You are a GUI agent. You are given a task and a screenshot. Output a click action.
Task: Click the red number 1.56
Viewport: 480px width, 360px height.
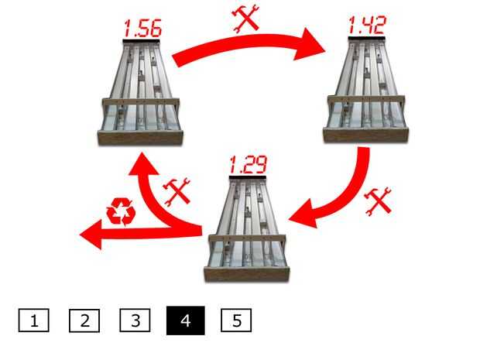142,29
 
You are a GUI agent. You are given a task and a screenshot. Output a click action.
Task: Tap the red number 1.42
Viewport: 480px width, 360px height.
367,25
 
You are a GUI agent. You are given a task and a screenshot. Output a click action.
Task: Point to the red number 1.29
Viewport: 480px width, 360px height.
248,164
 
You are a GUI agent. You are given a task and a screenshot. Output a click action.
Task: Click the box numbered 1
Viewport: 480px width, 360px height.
33,321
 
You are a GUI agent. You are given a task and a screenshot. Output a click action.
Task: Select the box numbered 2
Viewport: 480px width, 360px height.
84,321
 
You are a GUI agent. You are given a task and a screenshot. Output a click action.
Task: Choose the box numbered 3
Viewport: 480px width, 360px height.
135,321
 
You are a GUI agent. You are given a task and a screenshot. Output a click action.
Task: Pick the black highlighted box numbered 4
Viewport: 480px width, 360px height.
186,321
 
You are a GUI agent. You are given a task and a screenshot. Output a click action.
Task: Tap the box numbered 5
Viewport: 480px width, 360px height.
236,321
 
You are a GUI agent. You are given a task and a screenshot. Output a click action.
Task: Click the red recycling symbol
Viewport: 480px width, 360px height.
121,212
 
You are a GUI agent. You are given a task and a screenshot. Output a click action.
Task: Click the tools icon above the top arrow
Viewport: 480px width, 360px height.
246,18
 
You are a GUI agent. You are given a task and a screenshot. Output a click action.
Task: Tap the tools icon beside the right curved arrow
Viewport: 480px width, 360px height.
378,201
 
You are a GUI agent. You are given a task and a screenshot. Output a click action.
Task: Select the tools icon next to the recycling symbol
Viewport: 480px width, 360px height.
177,191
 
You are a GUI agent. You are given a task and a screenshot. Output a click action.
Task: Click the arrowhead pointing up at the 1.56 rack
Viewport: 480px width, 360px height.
142,164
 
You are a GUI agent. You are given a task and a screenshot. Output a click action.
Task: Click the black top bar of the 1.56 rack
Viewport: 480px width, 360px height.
141,41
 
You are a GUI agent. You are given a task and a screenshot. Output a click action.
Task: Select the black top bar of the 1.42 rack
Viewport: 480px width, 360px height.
366,38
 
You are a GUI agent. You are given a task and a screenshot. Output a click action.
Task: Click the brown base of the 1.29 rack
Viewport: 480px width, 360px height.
247,273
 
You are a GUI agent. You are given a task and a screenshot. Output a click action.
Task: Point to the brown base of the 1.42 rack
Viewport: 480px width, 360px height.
366,135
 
